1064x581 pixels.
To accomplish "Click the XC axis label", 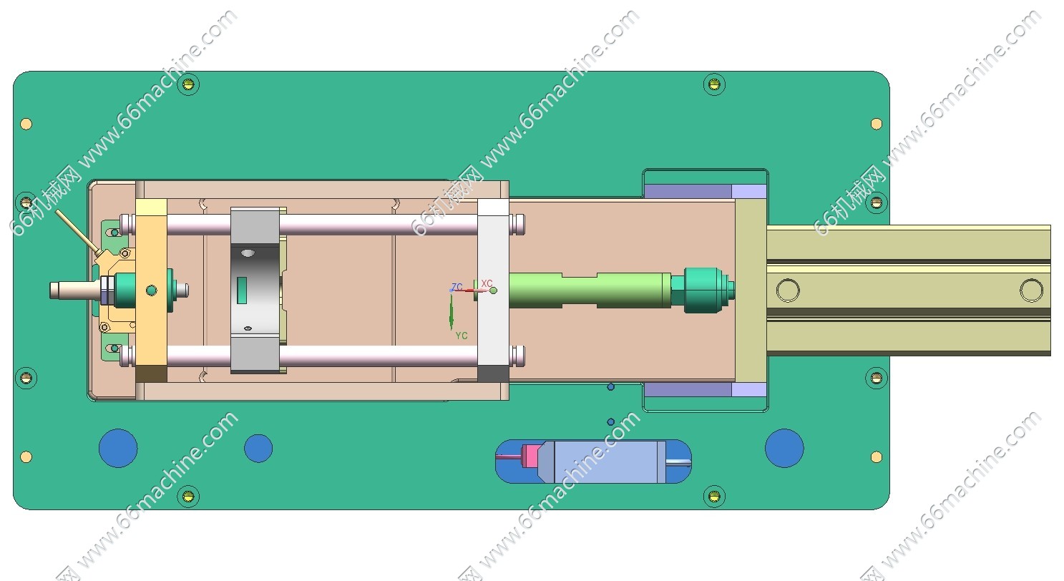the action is coord(487,283).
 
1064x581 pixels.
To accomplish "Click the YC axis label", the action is coord(462,336).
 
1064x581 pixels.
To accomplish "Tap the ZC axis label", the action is coord(457,287).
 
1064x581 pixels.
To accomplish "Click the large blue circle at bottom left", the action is coord(118,448).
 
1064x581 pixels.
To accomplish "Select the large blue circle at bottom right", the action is coord(784,448).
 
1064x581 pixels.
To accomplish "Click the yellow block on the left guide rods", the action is coord(151,290).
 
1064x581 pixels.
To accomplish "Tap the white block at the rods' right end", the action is coord(493,290).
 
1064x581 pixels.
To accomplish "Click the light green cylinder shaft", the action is coord(590,290).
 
